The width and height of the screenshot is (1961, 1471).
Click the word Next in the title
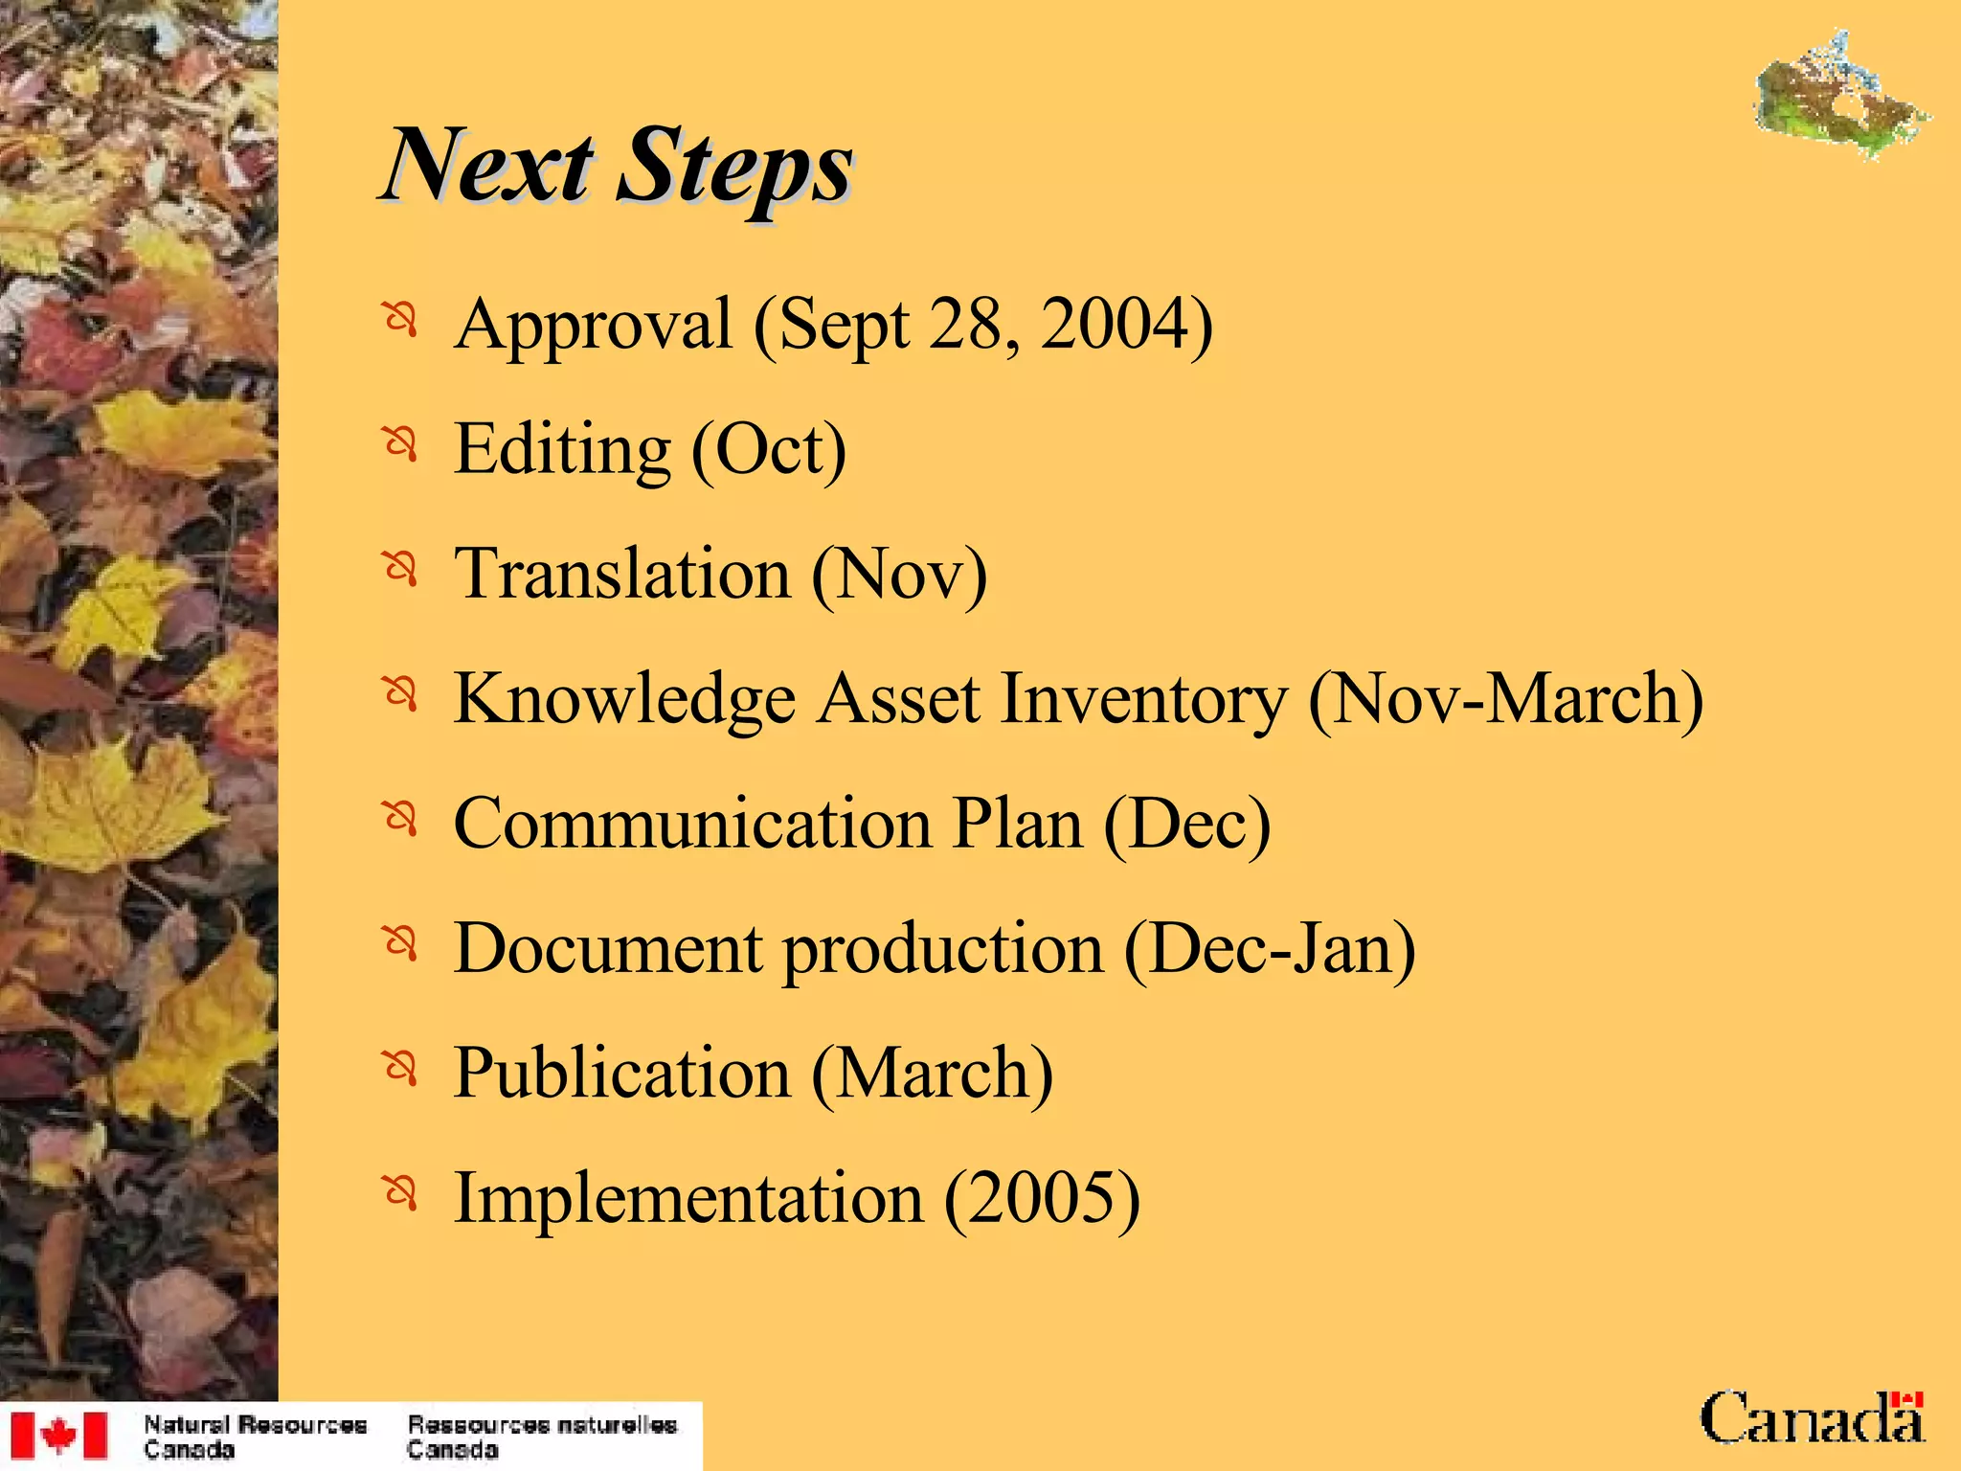click(489, 167)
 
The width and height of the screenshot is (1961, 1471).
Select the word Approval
click(594, 326)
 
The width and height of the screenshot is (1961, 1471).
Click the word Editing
click(562, 450)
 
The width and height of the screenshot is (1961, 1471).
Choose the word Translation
click(622, 574)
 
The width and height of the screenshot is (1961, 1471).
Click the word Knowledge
click(624, 699)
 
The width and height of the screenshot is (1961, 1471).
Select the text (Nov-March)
click(1505, 699)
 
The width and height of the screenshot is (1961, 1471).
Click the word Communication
click(691, 824)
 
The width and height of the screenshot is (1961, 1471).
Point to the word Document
click(608, 948)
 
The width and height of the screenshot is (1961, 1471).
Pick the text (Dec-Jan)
click(1269, 948)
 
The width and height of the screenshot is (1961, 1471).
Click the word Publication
click(621, 1073)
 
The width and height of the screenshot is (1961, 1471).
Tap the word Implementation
click(688, 1197)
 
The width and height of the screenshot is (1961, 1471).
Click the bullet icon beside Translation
click(401, 570)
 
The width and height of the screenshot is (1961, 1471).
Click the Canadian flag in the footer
click(59, 1435)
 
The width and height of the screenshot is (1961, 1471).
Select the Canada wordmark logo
click(1812, 1418)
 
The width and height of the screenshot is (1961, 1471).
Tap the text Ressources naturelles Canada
click(542, 1437)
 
